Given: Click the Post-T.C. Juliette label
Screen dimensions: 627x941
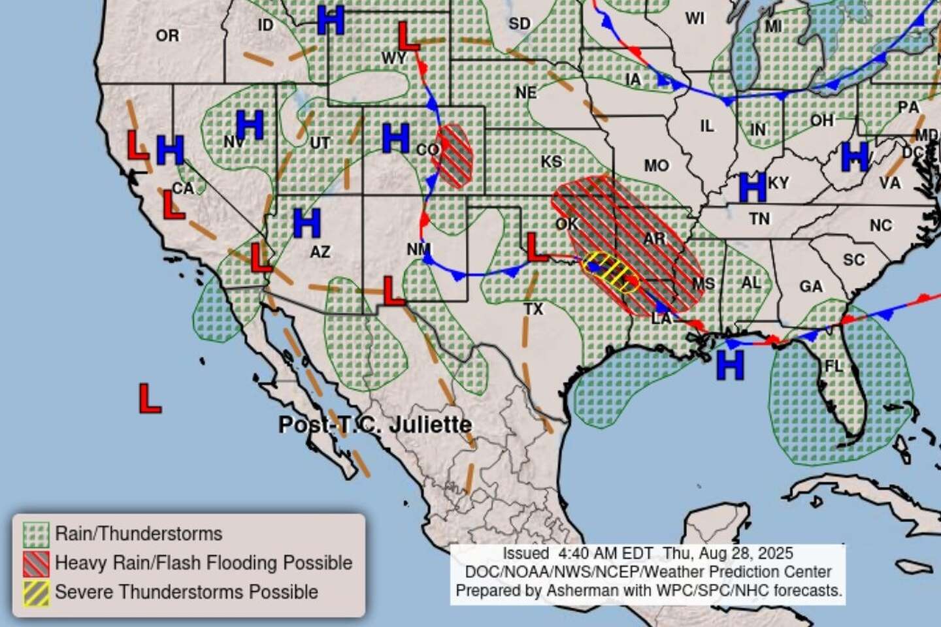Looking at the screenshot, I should point(374,425).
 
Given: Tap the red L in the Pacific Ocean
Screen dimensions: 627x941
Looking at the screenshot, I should point(150,398).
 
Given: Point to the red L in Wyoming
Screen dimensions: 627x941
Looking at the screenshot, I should point(408,37).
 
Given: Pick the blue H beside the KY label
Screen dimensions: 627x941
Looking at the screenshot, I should point(752,187).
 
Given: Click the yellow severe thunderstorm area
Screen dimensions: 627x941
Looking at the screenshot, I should point(610,270).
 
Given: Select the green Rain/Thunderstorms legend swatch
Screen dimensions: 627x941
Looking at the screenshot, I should point(36,534).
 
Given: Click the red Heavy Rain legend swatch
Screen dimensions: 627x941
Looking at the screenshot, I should point(36,563).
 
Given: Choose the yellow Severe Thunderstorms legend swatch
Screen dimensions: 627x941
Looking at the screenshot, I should point(36,592).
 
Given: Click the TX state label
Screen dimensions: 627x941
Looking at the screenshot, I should point(533,309).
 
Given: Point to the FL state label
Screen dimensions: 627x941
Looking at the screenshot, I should point(834,366).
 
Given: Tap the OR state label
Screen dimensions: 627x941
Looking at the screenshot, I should point(167,35).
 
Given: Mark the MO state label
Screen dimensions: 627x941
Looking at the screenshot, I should point(656,166).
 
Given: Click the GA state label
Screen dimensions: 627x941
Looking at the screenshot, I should point(811,286).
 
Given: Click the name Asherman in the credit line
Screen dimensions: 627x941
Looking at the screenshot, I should point(580,590).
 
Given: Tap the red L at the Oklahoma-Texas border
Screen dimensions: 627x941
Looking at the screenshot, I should point(537,247).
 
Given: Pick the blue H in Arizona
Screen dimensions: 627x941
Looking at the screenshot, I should point(306,223).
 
